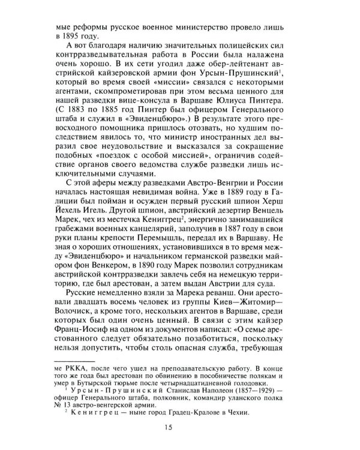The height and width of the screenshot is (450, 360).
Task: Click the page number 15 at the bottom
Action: (179, 427)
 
